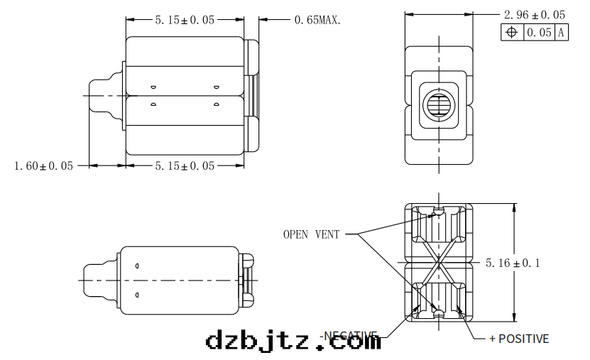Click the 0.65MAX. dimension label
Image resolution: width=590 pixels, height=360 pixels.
click(317, 20)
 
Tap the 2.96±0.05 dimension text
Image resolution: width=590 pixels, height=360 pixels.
click(534, 14)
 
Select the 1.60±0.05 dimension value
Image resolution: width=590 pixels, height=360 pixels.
click(43, 165)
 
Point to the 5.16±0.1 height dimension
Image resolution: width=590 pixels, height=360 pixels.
click(513, 263)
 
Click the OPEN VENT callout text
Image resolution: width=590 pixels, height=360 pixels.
click(311, 234)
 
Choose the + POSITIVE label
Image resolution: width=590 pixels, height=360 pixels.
click(519, 339)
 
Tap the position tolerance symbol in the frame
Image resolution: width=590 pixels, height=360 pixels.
click(511, 32)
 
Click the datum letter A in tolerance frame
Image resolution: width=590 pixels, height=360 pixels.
click(561, 32)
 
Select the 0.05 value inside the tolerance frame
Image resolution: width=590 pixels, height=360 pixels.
click(539, 32)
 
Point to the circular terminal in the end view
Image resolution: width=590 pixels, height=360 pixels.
click(439, 106)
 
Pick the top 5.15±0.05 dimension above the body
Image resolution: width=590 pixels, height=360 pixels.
click(185, 20)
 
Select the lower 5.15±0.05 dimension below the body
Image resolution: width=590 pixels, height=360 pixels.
click(185, 165)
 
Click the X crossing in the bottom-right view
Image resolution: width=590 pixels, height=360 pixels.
click(439, 263)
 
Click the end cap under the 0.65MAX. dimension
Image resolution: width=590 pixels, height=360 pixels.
click(252, 95)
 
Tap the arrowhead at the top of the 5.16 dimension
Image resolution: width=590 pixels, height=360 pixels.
click(513, 207)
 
